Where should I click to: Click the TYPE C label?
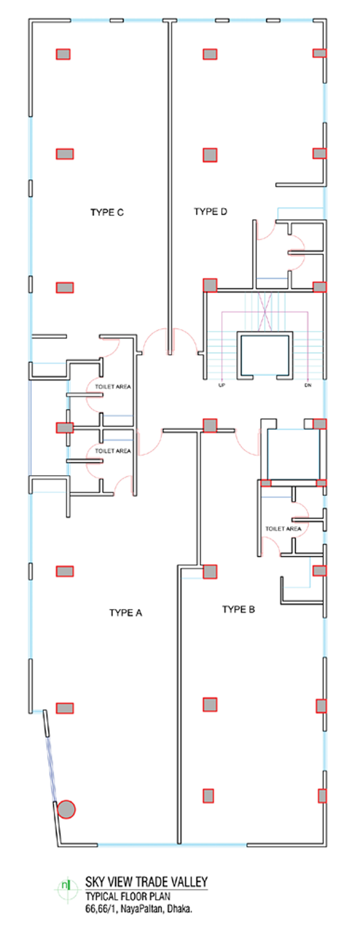[x=107, y=212]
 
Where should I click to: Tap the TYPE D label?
[x=210, y=212]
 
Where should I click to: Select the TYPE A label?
[x=126, y=613]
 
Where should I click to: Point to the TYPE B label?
[x=238, y=610]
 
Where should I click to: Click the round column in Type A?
[x=66, y=809]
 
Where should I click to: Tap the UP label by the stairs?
[x=221, y=385]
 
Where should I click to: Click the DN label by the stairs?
[x=307, y=385]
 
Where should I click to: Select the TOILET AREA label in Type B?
[x=283, y=528]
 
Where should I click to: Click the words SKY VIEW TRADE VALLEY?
[x=146, y=882]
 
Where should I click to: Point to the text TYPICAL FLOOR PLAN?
[x=128, y=896]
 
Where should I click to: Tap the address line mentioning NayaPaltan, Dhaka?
[x=139, y=909]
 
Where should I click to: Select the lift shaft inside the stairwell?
[x=265, y=356]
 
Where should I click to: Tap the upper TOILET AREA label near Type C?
[x=113, y=387]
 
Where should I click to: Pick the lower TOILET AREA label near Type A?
[x=113, y=451]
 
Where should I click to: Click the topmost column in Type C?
[x=63, y=54]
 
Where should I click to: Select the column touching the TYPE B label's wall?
[x=210, y=572]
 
